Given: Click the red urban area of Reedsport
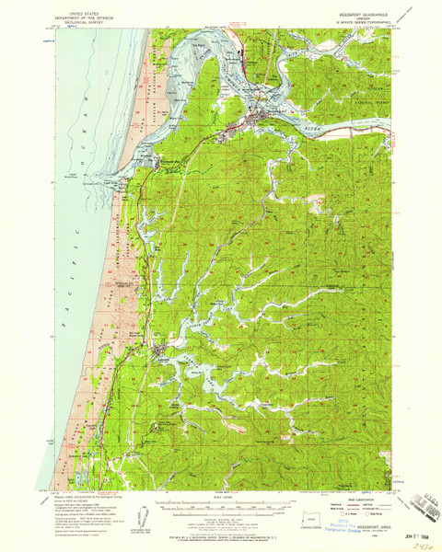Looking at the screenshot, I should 256,117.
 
